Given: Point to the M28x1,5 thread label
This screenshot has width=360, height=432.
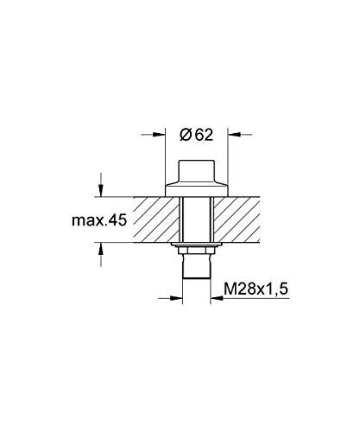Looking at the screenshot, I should pos(258,287).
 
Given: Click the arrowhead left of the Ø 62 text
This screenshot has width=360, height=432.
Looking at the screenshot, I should pos(161,134).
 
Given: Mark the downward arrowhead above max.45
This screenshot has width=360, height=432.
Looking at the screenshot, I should pos(101,192).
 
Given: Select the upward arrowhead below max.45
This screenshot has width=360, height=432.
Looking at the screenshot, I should pos(101,250).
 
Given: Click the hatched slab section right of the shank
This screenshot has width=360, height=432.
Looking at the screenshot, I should pos(250,221).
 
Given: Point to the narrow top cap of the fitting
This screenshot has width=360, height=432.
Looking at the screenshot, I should pos(196,169).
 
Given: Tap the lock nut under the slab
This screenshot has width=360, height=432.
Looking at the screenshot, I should pos(196,251).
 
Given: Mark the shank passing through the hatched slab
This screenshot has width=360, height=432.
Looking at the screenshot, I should pos(196,221).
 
